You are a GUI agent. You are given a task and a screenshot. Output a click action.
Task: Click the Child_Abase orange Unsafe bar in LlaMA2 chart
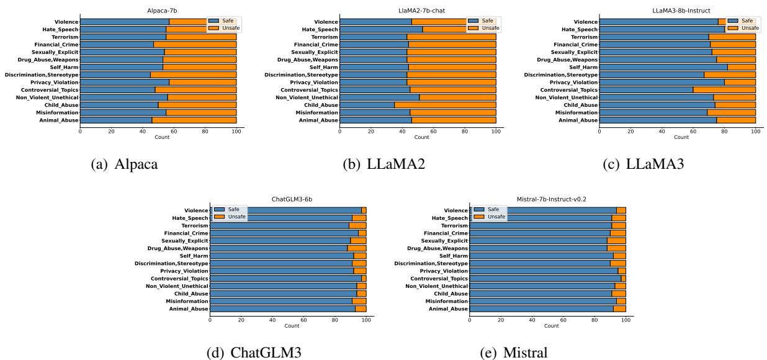pyautogui.click(x=445, y=105)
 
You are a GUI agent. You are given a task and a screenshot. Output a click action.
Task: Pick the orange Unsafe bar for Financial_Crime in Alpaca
pyautogui.click(x=195, y=45)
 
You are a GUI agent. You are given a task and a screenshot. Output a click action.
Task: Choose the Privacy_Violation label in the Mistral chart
pyautogui.click(x=444, y=271)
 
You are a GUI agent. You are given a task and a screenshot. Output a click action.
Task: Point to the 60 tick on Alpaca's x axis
pyautogui.click(x=174, y=132)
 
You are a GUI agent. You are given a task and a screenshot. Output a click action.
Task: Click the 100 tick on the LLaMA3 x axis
pyautogui.click(x=755, y=132)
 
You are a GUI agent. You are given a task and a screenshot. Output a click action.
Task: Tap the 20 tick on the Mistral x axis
pyautogui.click(x=501, y=320)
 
